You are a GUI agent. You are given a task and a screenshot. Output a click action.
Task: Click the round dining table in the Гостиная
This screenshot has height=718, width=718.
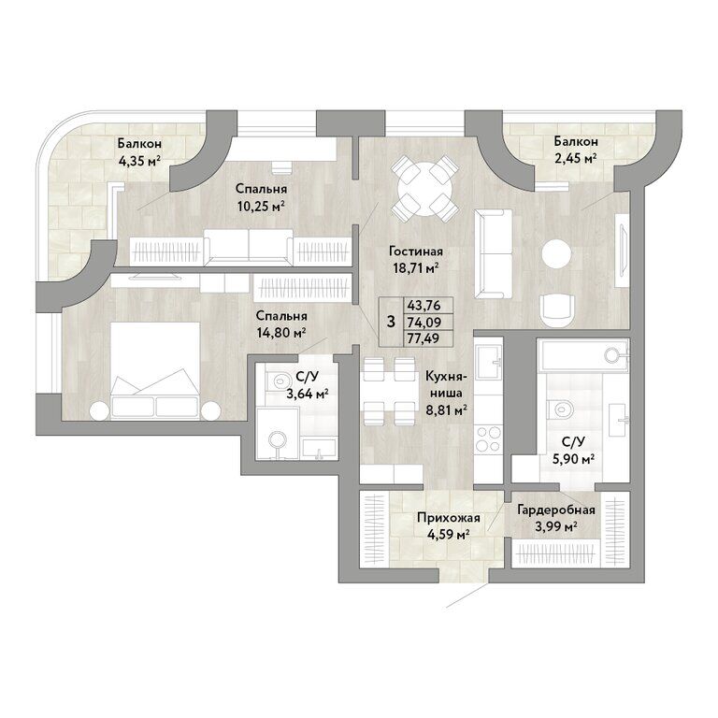click(x=424, y=188)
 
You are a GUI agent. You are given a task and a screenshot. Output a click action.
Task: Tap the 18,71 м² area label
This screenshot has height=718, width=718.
click(x=416, y=267)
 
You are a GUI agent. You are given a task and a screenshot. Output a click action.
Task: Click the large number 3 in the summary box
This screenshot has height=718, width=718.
click(x=391, y=322)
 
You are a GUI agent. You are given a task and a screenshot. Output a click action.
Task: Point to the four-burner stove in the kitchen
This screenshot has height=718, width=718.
click(x=488, y=438)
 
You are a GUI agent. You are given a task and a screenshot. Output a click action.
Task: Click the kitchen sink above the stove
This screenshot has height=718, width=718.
click(x=489, y=362)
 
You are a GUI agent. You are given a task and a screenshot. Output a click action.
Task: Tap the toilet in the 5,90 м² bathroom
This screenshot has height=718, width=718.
click(x=561, y=409)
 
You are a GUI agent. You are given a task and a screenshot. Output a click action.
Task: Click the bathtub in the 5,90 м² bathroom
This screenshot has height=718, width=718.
click(x=583, y=356)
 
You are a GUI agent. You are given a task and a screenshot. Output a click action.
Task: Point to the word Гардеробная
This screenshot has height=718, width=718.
click(x=556, y=510)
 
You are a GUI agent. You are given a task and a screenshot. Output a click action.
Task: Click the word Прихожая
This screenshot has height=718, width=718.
click(x=449, y=518)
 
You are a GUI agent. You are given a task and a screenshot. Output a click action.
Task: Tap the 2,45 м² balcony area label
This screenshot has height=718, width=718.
click(x=576, y=158)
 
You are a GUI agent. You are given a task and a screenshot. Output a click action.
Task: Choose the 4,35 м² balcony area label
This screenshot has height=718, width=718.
click(x=139, y=161)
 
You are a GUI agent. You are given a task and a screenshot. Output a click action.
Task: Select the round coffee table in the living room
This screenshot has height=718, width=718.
click(x=556, y=253)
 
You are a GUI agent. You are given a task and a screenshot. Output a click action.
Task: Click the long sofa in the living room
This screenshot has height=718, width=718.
click(x=494, y=253)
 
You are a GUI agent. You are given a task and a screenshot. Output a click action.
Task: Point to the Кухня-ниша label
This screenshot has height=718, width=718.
click(x=446, y=384)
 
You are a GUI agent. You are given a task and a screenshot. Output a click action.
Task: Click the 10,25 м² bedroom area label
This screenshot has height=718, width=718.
click(x=261, y=206)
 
